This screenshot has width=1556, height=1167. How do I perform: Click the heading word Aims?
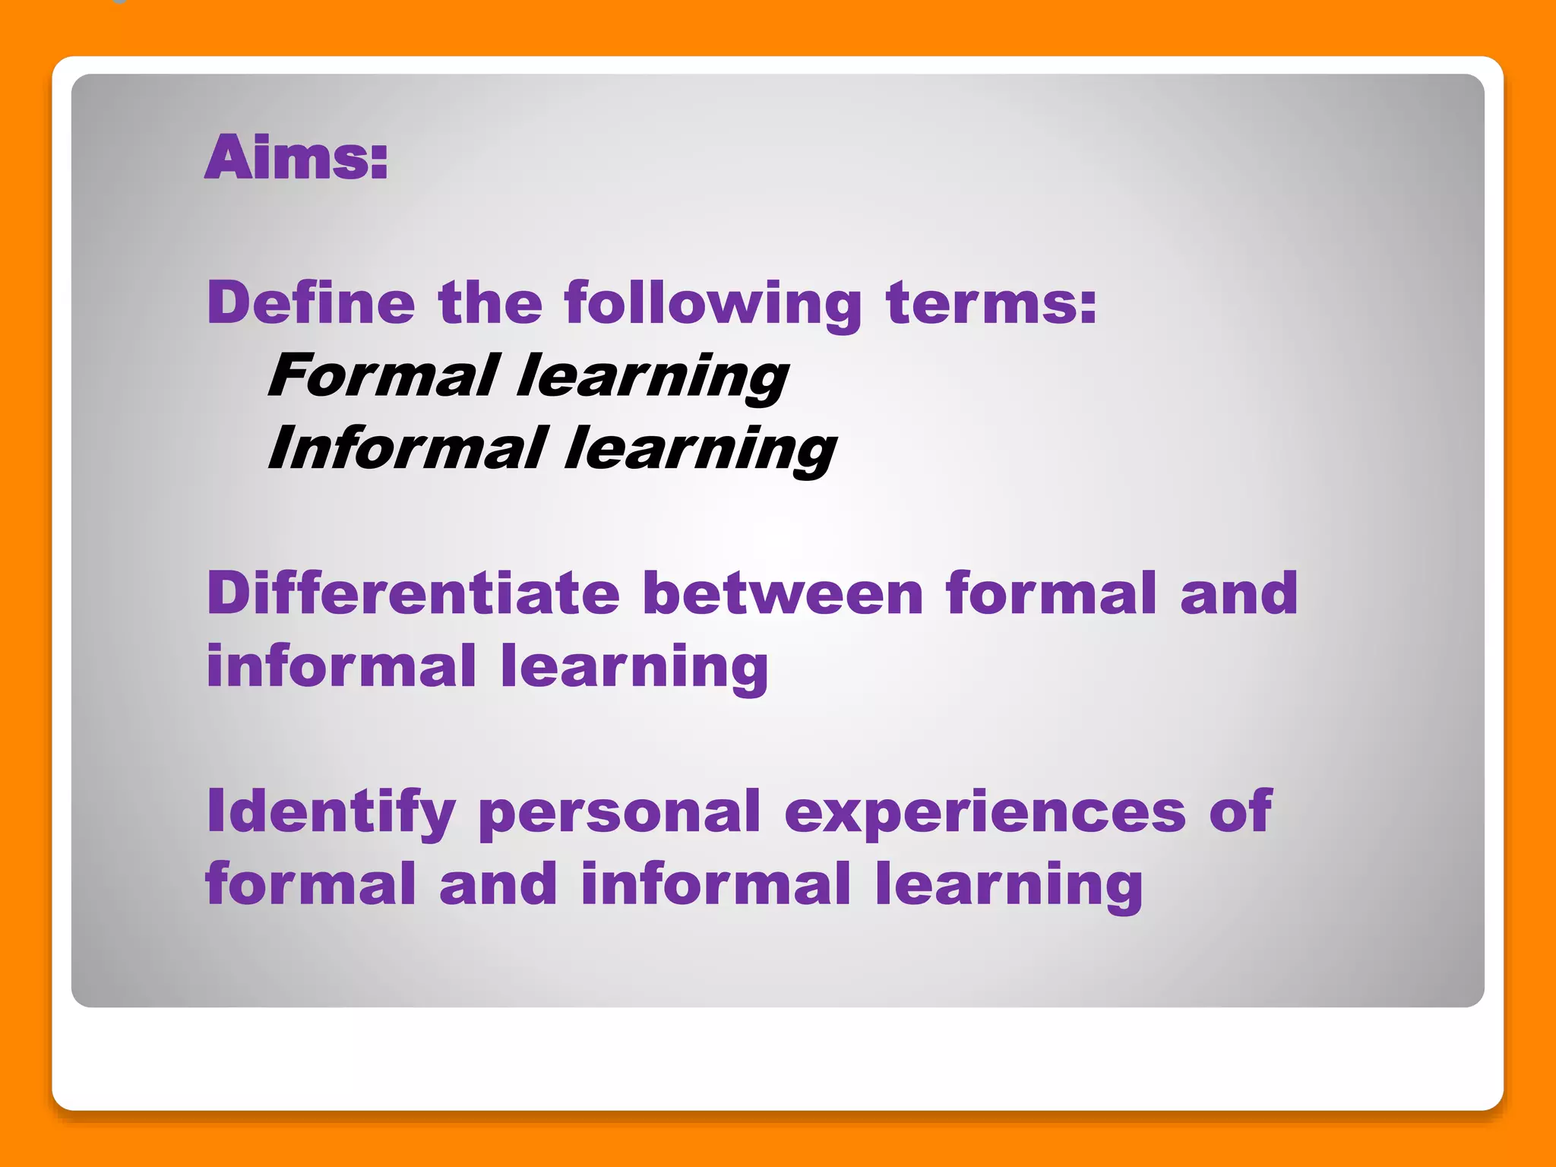pos(296,157)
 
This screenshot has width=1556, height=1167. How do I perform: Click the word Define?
pos(311,302)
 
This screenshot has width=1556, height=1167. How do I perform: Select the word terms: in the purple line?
pos(991,302)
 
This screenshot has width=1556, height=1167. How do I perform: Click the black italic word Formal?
pos(383,375)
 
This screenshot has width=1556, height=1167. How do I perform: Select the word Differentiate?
pos(413,593)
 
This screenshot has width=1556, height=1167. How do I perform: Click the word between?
pos(783,593)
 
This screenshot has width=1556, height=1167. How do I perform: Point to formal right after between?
pos(1052,593)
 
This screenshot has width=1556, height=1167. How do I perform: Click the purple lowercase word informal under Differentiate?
pos(341,666)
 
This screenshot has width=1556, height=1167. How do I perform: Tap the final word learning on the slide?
pos(1008,886)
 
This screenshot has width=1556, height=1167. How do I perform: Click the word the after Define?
pos(490,302)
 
